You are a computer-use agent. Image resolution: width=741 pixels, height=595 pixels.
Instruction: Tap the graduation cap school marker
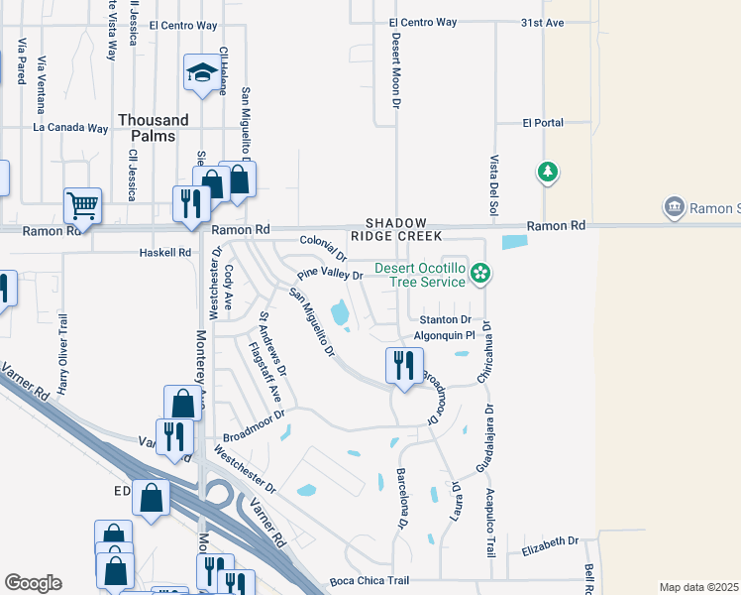(x=202, y=73)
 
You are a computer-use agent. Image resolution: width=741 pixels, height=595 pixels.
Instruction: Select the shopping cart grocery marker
(x=82, y=206)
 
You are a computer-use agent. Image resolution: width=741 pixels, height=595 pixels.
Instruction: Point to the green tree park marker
(x=547, y=174)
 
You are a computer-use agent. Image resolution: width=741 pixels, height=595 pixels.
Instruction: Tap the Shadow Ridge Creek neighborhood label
(x=395, y=231)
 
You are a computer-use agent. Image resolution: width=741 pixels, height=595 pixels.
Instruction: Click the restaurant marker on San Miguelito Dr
(x=404, y=365)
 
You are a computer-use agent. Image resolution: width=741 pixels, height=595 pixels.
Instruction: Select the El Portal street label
(x=543, y=123)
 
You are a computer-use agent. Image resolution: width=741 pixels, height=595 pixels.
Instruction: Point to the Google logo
(x=33, y=583)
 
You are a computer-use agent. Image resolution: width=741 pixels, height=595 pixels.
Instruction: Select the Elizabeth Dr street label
(x=550, y=541)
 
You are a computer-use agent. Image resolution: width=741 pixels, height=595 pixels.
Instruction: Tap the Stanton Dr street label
(x=445, y=319)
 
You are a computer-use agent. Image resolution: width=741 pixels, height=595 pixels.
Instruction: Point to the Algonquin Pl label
(x=445, y=336)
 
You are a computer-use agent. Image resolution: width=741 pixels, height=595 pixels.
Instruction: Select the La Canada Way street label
(x=70, y=128)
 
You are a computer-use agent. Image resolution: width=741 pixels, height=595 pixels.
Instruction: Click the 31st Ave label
(x=542, y=22)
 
